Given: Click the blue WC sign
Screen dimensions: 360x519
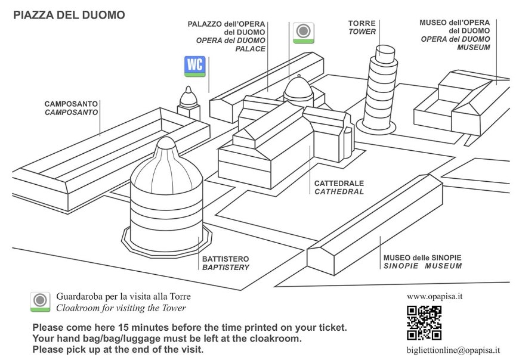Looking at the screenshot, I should click(194, 66).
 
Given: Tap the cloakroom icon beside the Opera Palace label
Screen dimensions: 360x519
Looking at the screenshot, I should click(304, 33).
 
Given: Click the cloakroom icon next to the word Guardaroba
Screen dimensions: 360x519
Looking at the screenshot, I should click(40, 301).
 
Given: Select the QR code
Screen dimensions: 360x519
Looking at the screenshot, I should click(424, 322).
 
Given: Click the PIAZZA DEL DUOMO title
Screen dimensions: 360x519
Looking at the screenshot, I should click(69, 14).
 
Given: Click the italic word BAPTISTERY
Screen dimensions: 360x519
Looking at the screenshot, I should click(225, 268).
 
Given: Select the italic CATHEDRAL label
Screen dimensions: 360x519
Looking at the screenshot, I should click(339, 192).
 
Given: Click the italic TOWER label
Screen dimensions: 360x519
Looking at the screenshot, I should click(362, 32).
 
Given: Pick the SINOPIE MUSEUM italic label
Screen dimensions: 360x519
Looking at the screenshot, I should click(422, 266).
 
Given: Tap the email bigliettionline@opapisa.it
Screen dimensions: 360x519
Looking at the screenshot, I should click(453, 350).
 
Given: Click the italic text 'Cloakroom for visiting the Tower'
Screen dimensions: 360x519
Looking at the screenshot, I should click(121, 308).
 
